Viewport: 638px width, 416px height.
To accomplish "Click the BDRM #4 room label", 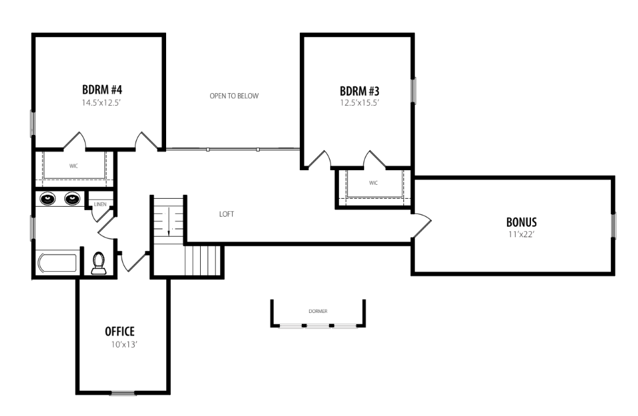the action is (102, 89).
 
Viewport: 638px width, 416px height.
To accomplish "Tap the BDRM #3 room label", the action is (360, 91).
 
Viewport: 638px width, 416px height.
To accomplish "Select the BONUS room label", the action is (521, 222).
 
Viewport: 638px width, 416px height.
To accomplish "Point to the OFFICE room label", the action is (120, 332).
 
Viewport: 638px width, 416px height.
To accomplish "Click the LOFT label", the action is (227, 214).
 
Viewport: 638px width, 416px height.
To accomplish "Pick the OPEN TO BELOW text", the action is (234, 96).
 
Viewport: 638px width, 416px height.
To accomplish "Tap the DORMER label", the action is (318, 312).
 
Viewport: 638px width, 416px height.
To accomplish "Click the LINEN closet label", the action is (100, 204).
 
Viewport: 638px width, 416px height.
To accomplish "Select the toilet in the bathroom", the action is (99, 263).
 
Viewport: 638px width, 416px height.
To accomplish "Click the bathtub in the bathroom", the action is (57, 263).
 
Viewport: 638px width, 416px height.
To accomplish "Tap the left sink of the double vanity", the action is (47, 199).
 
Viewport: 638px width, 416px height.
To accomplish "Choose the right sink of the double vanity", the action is (72, 199).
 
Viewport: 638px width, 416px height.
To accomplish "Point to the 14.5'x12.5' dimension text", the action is (101, 102).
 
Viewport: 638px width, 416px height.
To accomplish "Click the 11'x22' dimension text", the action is (521, 235).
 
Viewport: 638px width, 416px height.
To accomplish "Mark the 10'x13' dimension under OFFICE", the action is (124, 345).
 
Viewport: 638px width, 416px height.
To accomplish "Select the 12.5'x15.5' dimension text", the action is (360, 102).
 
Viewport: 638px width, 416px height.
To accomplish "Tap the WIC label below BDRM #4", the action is (73, 166).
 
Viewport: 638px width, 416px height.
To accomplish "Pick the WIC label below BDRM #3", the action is (373, 183).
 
